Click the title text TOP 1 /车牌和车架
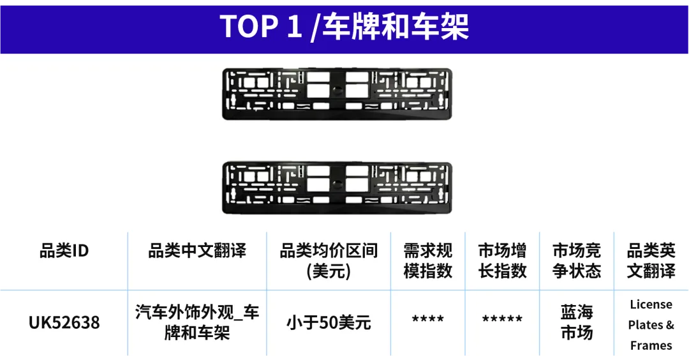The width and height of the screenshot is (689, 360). pyautogui.click(x=344, y=27)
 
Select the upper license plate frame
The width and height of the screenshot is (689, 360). pyautogui.click(x=337, y=94)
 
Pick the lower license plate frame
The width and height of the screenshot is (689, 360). pyautogui.click(x=337, y=188)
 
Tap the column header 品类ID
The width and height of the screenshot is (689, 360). pyautogui.click(x=64, y=251)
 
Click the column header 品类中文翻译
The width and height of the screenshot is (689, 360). pyautogui.click(x=197, y=251)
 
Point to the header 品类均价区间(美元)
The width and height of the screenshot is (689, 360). pyautogui.click(x=329, y=260)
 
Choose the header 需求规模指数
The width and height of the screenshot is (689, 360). pyautogui.click(x=427, y=260)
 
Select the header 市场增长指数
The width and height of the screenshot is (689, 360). pyautogui.click(x=502, y=260)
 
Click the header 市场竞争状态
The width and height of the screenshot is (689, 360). pyautogui.click(x=577, y=260)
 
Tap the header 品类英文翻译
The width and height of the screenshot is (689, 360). pyautogui.click(x=651, y=260)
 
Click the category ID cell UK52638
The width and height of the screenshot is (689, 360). pyautogui.click(x=64, y=322)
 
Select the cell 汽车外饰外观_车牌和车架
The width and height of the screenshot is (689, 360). pyautogui.click(x=197, y=322)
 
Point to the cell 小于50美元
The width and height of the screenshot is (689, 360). pyautogui.click(x=329, y=323)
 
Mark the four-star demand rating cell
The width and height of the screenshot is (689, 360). pyautogui.click(x=427, y=319)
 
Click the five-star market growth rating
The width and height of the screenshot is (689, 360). pyautogui.click(x=502, y=319)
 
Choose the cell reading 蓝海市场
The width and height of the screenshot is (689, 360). pyautogui.click(x=577, y=322)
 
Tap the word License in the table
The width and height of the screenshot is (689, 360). pyautogui.click(x=651, y=304)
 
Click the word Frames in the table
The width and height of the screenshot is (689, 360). pyautogui.click(x=651, y=345)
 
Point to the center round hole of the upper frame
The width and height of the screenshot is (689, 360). pyautogui.click(x=337, y=91)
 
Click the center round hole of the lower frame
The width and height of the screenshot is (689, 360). pyautogui.click(x=337, y=184)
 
